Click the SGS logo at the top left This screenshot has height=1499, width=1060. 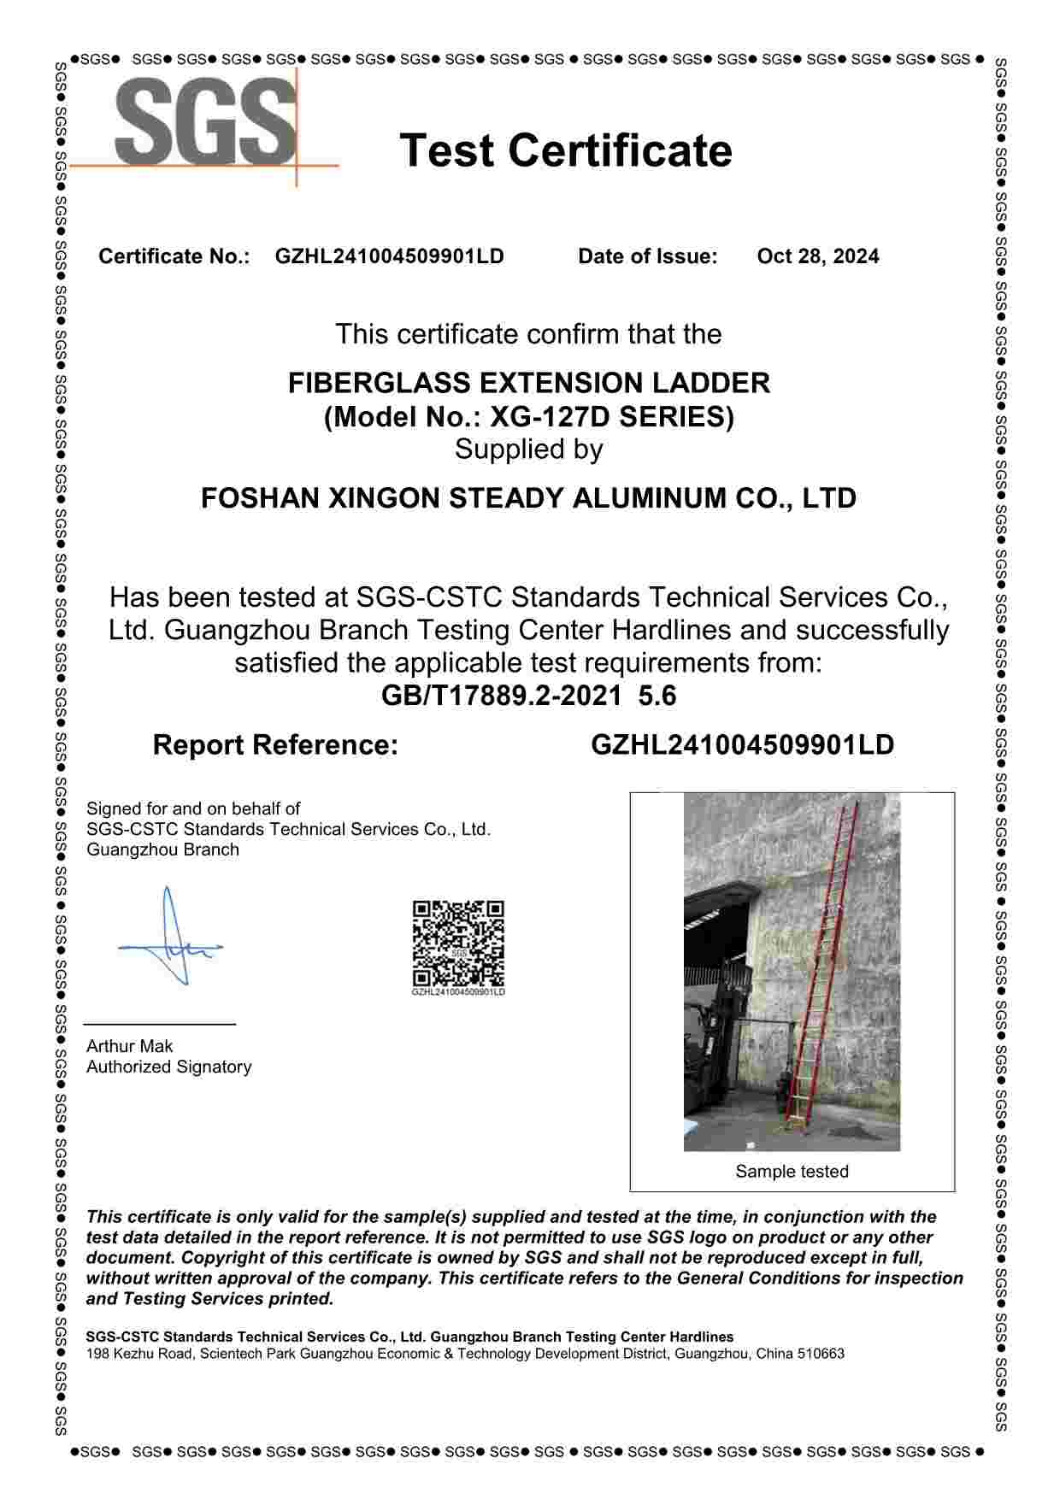205,123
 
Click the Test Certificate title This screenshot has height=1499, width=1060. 565,150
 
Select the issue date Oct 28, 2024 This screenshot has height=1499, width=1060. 817,256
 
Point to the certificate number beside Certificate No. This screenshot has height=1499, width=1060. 389,256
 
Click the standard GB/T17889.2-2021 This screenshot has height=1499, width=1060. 501,696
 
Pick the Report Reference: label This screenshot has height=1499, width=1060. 275,745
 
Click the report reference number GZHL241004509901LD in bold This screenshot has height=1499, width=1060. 742,745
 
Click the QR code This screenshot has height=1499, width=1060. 458,944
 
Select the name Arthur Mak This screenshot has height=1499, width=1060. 129,1046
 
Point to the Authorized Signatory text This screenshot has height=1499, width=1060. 168,1067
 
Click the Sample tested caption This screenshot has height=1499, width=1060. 792,1172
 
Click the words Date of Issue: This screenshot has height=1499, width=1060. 647,256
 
